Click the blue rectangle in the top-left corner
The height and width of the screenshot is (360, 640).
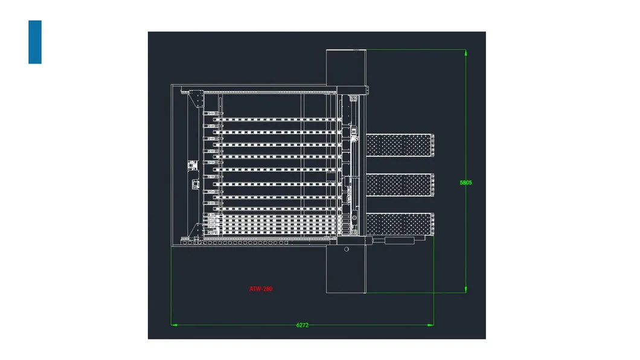click(x=35, y=42)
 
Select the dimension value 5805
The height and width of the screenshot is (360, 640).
click(x=466, y=182)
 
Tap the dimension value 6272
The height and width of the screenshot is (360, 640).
click(x=302, y=326)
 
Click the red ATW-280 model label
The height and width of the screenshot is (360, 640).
click(x=261, y=289)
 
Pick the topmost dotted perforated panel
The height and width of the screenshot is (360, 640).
click(x=400, y=145)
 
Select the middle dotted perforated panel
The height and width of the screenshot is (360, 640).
click(x=400, y=185)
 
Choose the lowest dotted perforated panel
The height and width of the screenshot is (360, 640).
click(x=400, y=224)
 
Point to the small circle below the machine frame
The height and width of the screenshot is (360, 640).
click(x=347, y=249)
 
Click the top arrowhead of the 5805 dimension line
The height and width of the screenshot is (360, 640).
click(x=466, y=52)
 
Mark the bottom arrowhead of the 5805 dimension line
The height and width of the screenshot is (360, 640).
click(x=466, y=290)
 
